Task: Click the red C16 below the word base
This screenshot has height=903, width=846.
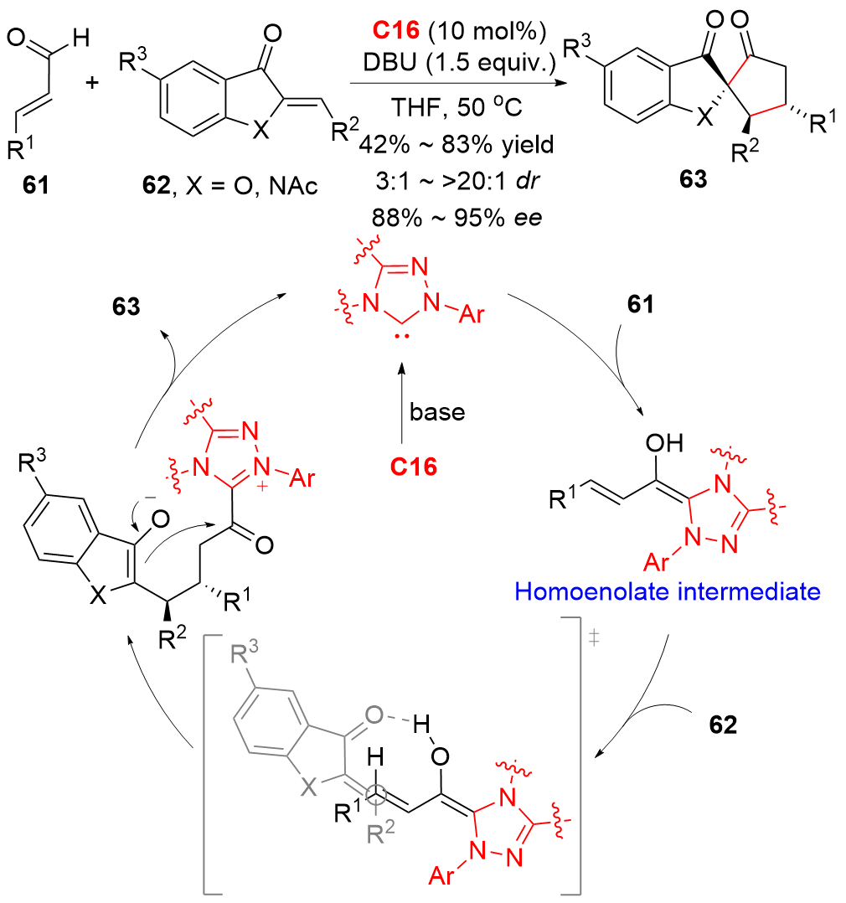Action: pos(415,467)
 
